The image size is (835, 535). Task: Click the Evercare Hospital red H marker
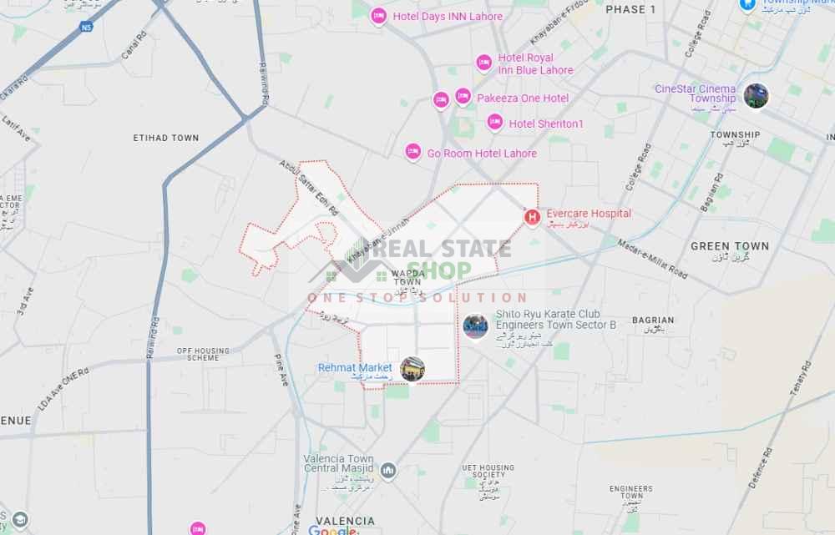(x=532, y=218)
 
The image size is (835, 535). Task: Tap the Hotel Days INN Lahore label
(x=448, y=17)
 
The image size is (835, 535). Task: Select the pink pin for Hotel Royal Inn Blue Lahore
(x=483, y=63)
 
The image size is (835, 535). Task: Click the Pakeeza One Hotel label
(x=523, y=98)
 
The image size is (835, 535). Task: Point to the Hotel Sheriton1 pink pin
(x=495, y=123)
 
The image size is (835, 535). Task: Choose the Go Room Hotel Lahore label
(x=482, y=154)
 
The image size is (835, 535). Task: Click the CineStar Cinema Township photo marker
(x=756, y=96)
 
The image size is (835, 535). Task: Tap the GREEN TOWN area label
(x=730, y=247)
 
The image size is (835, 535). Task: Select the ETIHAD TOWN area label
(x=166, y=138)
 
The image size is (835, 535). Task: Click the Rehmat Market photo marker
(x=412, y=369)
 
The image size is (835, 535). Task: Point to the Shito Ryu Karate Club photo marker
(x=475, y=326)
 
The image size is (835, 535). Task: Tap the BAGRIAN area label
(x=653, y=320)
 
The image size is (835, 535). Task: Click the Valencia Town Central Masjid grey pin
(x=388, y=471)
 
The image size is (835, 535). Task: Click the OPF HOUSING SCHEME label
(x=203, y=355)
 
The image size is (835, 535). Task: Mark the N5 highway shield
(x=86, y=28)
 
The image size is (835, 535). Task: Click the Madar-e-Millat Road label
(x=653, y=260)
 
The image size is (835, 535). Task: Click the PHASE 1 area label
(x=630, y=9)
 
